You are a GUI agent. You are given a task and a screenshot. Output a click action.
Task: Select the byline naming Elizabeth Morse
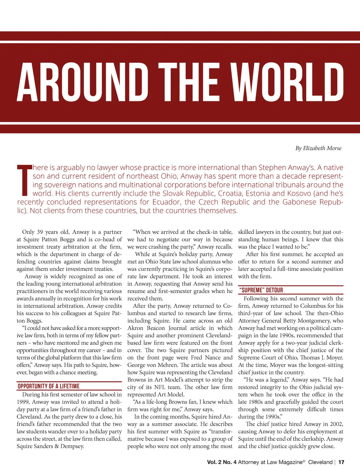(x=318, y=148)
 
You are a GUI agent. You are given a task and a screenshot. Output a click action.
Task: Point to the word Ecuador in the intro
(x=166, y=202)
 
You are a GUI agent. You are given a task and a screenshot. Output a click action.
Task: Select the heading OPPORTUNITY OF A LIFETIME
(x=49, y=386)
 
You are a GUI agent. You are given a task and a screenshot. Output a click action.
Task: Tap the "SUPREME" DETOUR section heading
(x=261, y=290)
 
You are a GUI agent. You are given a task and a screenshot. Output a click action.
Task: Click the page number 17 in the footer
(x=341, y=462)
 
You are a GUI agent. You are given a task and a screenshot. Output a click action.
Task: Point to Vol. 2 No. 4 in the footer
(x=221, y=462)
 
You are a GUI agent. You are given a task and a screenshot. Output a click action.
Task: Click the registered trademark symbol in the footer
(x=304, y=461)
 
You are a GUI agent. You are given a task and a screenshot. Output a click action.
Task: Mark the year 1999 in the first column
(x=24, y=402)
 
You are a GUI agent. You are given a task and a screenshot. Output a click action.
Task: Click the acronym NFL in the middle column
(x=160, y=387)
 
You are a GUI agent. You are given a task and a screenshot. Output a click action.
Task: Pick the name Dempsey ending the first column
(x=72, y=446)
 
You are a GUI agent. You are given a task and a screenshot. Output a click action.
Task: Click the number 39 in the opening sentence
(x=40, y=232)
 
